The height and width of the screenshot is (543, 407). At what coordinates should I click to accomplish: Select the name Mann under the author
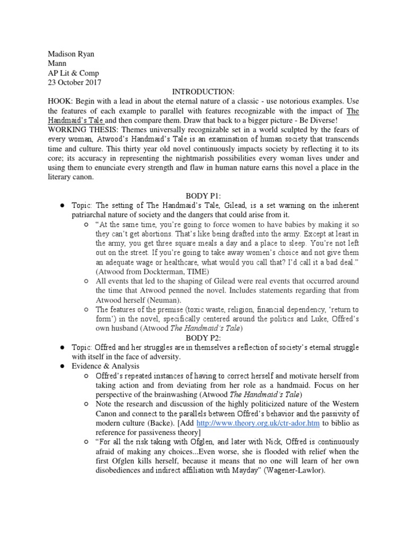pos(51,63)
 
